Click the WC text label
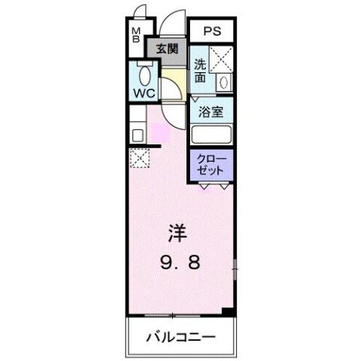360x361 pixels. click(144, 93)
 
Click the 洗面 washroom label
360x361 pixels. click(201, 70)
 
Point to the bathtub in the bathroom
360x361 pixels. click(211, 135)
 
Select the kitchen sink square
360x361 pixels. click(138, 136)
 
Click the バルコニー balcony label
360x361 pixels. click(180, 335)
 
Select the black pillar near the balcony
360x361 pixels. click(229, 311)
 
